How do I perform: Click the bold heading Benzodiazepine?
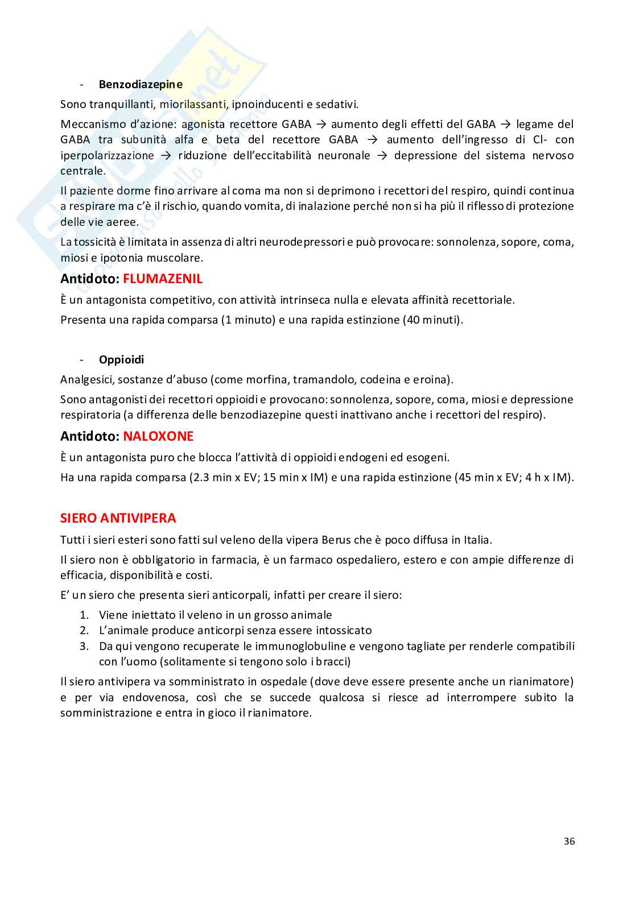(x=141, y=84)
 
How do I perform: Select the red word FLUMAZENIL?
(x=163, y=279)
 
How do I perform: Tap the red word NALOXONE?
(x=158, y=436)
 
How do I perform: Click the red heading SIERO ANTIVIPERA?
(x=118, y=518)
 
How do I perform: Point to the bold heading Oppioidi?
(x=121, y=359)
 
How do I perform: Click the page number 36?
(x=569, y=841)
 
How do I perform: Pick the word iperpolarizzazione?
(x=107, y=155)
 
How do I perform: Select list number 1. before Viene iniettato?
(x=84, y=615)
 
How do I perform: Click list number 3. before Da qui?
(x=84, y=646)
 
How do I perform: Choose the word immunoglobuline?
(x=299, y=646)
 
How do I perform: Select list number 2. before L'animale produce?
(x=84, y=630)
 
